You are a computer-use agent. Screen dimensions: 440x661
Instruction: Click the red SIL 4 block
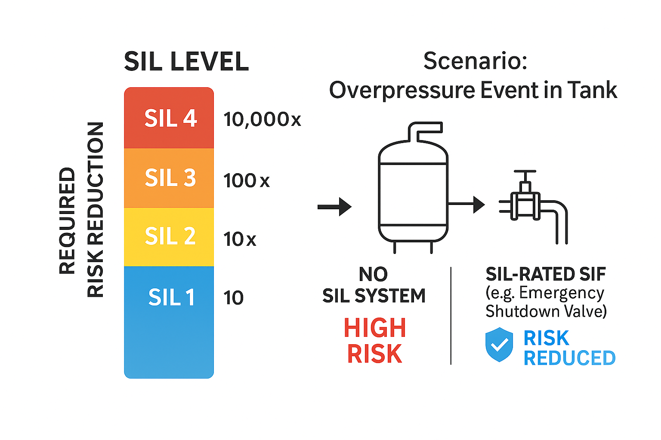click(169, 118)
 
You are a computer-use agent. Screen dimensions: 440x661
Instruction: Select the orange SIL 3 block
click(169, 178)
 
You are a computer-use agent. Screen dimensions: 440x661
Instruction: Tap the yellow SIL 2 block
click(169, 237)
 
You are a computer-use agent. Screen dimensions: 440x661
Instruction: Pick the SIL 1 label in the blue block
click(171, 297)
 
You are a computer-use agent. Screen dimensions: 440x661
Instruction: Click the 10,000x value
click(262, 119)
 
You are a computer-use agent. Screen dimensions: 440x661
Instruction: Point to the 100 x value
click(246, 180)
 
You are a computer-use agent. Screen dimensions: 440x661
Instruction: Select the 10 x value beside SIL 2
click(240, 239)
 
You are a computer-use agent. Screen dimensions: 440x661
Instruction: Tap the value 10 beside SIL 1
click(233, 298)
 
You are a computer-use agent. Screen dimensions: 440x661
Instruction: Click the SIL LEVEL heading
click(186, 61)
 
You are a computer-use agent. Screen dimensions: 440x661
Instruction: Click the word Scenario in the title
click(475, 61)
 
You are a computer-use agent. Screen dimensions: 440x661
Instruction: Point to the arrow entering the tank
click(334, 207)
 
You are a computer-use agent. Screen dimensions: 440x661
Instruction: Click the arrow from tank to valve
click(466, 204)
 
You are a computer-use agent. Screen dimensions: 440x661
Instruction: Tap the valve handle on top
click(525, 172)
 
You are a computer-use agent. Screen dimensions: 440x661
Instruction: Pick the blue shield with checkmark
click(499, 344)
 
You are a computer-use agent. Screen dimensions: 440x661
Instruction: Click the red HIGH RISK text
click(374, 341)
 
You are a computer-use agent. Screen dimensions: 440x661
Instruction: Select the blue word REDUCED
click(569, 358)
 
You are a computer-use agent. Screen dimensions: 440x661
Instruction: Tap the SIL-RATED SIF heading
click(546, 274)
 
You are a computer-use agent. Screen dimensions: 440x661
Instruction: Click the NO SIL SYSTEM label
click(374, 285)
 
